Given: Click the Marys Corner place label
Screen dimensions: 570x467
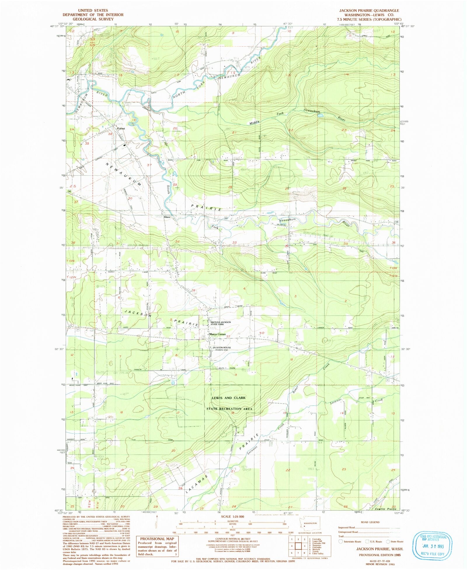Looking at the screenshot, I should (217, 334).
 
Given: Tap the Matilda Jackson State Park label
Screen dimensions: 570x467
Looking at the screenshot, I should (221, 323).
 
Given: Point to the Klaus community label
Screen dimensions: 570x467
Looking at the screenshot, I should (167, 217).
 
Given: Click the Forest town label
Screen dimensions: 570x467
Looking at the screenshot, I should (121, 128).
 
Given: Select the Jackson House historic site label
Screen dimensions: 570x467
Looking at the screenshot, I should (222, 348).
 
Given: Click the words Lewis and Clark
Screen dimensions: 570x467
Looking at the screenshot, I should (229, 398).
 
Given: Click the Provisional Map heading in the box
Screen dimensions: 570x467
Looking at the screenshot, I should (157, 539).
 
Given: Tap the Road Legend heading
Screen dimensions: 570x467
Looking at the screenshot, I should (370, 522).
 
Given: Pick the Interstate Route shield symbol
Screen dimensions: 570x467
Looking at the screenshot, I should (340, 541).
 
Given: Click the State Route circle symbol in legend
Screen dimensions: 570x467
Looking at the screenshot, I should (388, 541).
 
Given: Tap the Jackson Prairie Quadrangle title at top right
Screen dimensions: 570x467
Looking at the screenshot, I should (369, 11).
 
